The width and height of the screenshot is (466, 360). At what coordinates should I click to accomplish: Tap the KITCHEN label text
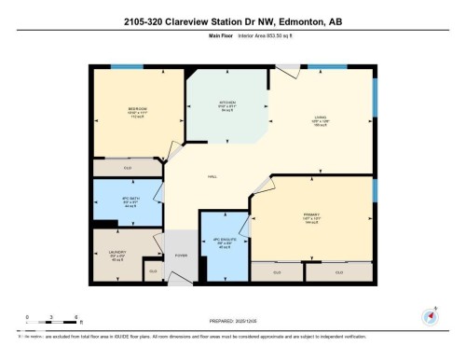click(227, 103)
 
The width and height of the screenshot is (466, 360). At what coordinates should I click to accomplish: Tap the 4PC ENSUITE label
click(222, 238)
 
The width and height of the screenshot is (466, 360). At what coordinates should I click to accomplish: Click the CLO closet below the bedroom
click(128, 168)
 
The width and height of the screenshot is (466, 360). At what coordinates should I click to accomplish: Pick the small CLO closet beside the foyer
click(153, 271)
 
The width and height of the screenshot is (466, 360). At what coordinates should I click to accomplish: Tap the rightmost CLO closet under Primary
click(339, 271)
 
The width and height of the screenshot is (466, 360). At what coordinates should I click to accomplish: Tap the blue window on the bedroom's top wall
click(121, 67)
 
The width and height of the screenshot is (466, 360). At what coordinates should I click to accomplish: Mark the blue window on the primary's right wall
click(375, 189)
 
